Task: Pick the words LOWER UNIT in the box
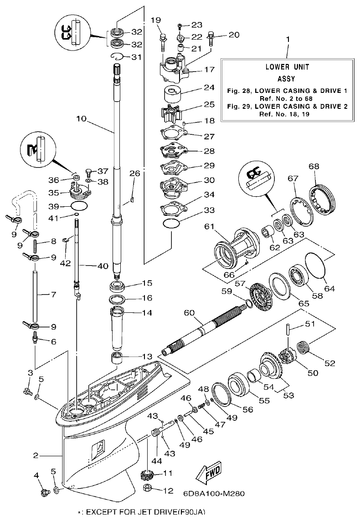287,66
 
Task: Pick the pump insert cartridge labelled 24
173,93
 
